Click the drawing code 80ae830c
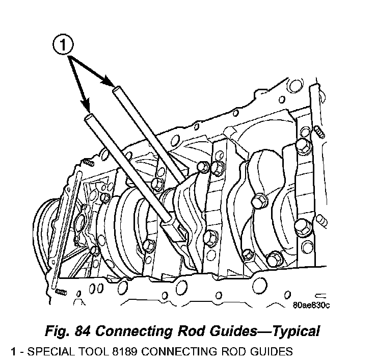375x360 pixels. point(312,305)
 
